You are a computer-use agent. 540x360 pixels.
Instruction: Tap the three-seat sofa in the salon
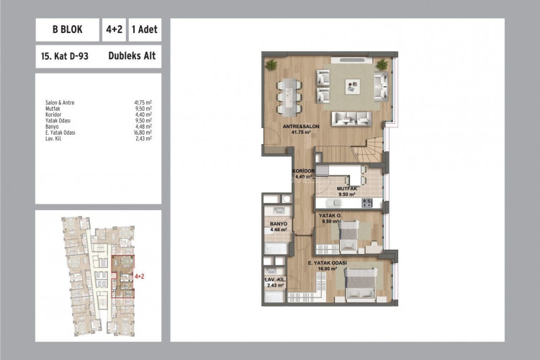[354, 117]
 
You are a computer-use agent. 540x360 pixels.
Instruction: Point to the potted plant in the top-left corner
[271, 66]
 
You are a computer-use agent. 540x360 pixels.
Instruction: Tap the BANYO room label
[279, 225]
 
